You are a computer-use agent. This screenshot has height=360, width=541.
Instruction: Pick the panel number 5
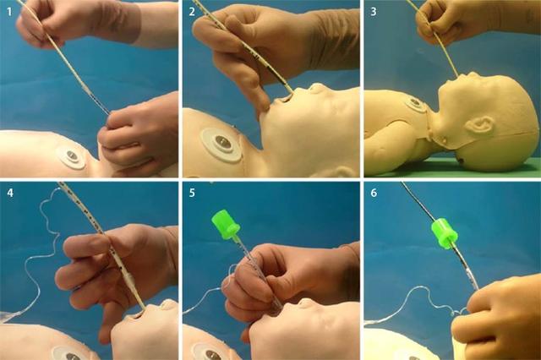click(x=194, y=191)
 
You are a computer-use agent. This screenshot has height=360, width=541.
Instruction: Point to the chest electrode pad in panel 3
click(x=415, y=106)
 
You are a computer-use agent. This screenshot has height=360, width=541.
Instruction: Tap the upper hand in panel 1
click(x=59, y=21)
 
